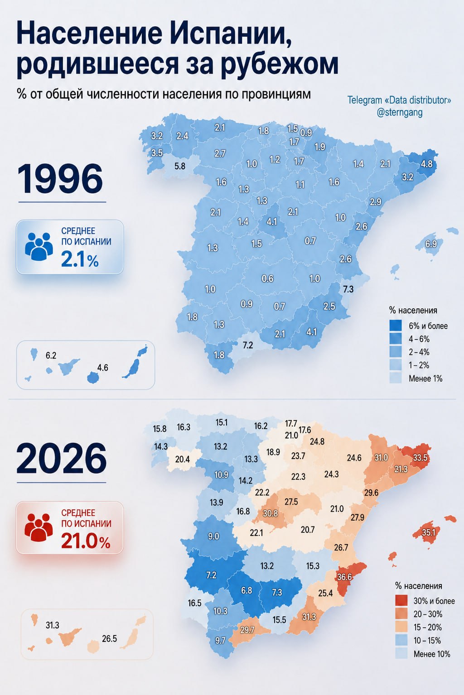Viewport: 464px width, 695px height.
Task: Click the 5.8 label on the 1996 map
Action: [x=180, y=166]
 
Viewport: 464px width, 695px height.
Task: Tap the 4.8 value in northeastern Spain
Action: [x=426, y=164]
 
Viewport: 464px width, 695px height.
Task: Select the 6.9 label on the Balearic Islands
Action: [x=431, y=244]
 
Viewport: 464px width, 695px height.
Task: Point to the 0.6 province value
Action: [x=267, y=278]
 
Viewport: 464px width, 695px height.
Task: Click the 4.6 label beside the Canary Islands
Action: [x=102, y=368]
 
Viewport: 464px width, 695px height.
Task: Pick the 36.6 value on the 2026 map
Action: [x=344, y=577]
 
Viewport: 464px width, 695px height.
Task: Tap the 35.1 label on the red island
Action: [x=429, y=532]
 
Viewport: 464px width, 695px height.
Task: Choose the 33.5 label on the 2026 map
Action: [x=420, y=458]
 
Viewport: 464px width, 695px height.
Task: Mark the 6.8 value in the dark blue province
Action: [x=246, y=590]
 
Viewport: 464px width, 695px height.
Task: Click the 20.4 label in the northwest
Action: [x=182, y=459]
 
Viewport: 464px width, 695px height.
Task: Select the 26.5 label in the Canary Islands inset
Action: [x=109, y=638]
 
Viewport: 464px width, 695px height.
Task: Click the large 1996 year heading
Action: [x=60, y=179]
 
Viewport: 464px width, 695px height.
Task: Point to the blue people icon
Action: [x=39, y=246]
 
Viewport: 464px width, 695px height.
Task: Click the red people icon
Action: [x=39, y=527]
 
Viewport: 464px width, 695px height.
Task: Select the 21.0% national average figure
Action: [x=86, y=542]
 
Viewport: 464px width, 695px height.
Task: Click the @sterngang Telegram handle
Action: [x=400, y=112]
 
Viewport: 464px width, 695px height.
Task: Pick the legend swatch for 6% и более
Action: [x=396, y=326]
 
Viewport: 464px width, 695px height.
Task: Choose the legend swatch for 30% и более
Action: [x=401, y=601]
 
